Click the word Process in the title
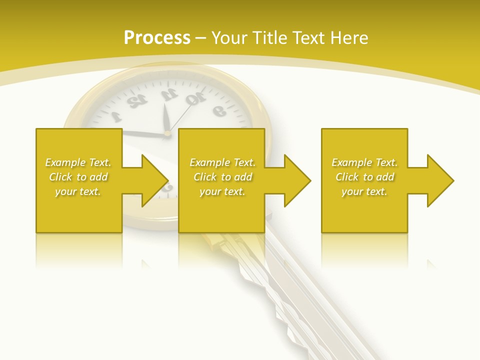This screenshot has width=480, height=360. (x=157, y=38)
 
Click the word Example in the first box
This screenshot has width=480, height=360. (x=65, y=162)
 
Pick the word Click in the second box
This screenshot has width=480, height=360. (x=205, y=177)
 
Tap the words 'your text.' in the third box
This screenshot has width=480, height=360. (x=364, y=191)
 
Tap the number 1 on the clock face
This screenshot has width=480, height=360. (x=116, y=117)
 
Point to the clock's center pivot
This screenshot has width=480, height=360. (x=167, y=133)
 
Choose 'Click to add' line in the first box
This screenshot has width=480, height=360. (x=78, y=177)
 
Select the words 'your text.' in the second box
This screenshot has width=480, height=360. (x=222, y=191)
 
